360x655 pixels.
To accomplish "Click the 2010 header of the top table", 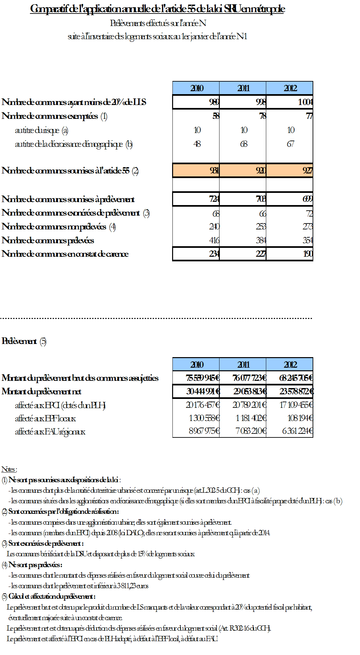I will (197, 88).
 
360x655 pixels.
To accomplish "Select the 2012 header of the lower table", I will (290, 365).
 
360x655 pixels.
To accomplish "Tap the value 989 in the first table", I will (214, 102).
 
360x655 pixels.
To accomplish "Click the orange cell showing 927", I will (307, 170).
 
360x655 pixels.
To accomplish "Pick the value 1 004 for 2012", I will (305, 102).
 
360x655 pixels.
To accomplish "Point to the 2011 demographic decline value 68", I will (244, 144).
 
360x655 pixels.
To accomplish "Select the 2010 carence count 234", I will (214, 254).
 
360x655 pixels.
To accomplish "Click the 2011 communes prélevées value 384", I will (261, 240).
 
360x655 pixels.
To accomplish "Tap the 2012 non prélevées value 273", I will (307, 226).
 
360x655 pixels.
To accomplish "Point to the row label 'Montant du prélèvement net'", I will (41, 391).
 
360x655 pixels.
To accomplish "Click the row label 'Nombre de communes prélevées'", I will (48, 240).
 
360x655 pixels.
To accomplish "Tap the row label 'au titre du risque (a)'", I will (41, 130).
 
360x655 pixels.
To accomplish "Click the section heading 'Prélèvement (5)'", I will (24, 341).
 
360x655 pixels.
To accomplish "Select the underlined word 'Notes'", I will (9, 469).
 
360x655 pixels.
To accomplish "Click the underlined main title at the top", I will (157, 9).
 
